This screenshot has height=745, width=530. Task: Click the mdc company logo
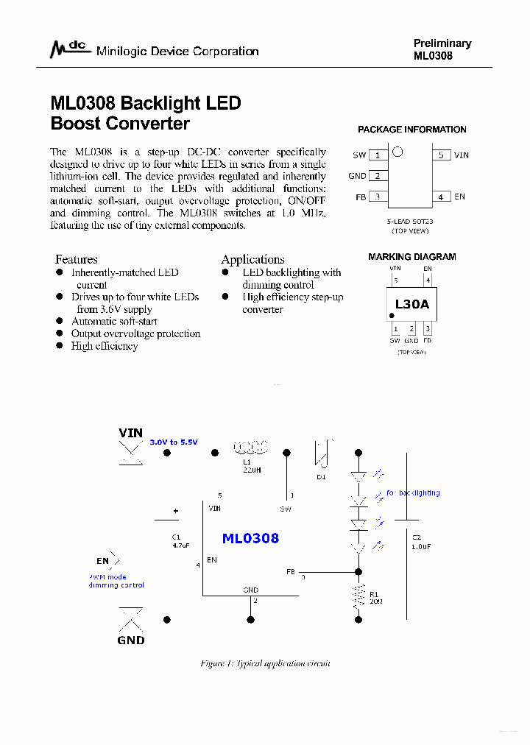tap(68, 49)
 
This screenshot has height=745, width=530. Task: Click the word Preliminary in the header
tap(442, 43)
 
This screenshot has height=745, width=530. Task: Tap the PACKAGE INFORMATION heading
tap(412, 130)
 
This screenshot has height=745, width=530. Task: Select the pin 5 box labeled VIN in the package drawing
tap(441, 155)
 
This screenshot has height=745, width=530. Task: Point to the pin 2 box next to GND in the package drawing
tap(378, 176)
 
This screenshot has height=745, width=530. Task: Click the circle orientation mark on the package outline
tap(397, 152)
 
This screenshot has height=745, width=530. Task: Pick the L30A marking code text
tap(412, 304)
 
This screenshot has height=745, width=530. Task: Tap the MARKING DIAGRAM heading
tap(412, 257)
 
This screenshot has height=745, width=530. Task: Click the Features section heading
tap(77, 259)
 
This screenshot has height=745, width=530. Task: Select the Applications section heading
tap(252, 259)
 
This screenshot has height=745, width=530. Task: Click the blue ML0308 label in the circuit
tap(250, 538)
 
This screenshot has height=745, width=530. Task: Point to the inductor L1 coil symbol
tap(250, 447)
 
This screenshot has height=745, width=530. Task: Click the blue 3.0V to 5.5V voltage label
tap(174, 442)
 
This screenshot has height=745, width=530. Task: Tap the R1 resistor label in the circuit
tap(374, 593)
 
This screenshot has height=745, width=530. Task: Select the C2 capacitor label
tap(417, 538)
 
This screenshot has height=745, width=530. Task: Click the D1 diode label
tap(321, 477)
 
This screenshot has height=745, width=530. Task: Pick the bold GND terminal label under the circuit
tap(131, 640)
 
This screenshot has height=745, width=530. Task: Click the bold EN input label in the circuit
tap(102, 561)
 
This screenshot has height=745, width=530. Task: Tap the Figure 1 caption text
tap(265, 663)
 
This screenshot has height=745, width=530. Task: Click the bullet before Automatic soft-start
tap(60, 322)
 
